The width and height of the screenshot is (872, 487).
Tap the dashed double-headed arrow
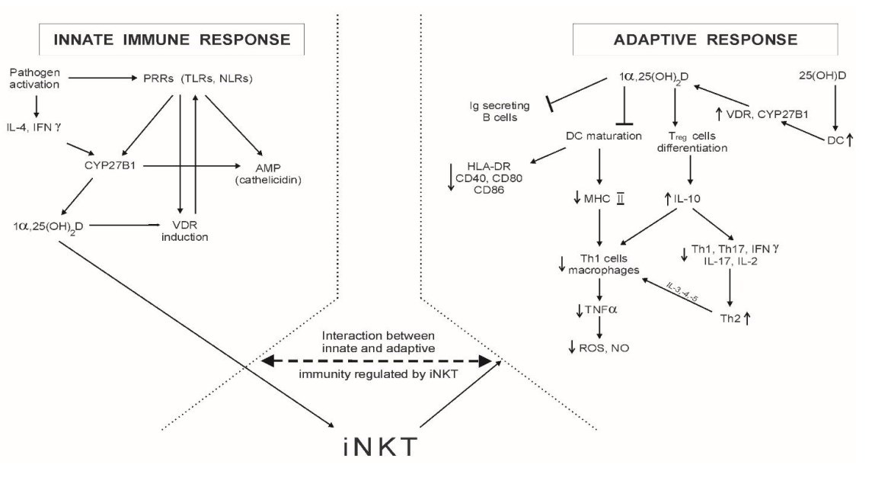377,364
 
